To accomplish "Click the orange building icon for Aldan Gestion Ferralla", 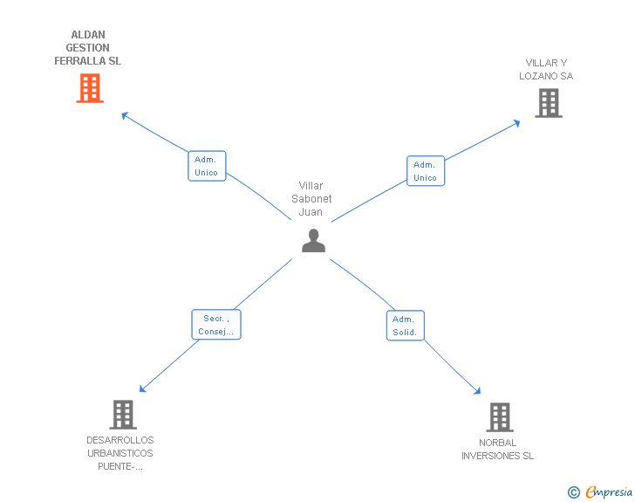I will [x=90, y=88].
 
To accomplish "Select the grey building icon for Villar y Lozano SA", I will [x=548, y=103].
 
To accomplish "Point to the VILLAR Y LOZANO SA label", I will [x=546, y=70].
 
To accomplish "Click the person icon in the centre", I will [x=313, y=240].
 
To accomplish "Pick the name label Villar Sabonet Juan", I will [x=311, y=199].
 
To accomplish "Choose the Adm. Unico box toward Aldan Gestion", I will [x=207, y=166].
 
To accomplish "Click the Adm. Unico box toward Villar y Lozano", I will [x=426, y=171].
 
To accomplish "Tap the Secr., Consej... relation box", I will [x=215, y=325].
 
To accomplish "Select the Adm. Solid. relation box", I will [x=405, y=326].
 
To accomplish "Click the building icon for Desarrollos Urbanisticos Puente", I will [x=123, y=414].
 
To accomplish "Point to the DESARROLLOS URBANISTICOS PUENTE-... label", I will [x=120, y=453].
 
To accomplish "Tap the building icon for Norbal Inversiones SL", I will [x=500, y=416].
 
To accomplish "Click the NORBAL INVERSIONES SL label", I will [x=497, y=450].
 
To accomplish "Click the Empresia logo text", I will [x=609, y=492].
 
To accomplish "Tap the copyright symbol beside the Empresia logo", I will [x=573, y=492].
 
